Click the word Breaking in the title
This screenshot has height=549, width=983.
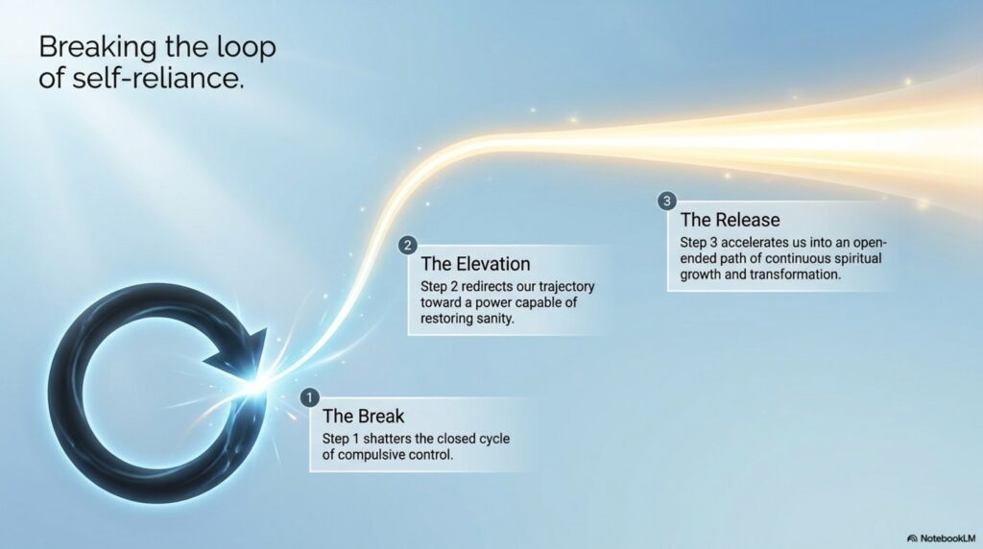pos(98,48)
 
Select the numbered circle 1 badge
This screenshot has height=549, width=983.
pos(309,397)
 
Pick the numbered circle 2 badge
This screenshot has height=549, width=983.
pos(407,245)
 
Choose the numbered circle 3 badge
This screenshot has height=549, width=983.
pos(666,202)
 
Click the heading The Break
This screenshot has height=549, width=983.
pos(363,417)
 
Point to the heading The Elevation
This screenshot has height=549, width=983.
pos(475,264)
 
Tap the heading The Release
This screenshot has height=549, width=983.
pos(731,220)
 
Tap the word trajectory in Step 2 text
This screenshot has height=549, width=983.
pos(565,287)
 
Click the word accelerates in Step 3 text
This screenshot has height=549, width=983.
pos(755,243)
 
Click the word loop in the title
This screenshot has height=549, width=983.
pos(246,48)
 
